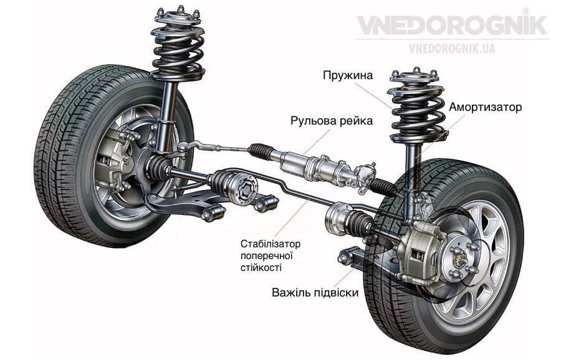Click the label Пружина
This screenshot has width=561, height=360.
pyautogui.click(x=348, y=76)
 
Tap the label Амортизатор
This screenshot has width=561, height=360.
pyautogui.click(x=485, y=107)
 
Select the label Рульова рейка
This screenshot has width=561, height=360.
pyautogui.click(x=331, y=120)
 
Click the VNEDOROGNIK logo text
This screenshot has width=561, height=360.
pyautogui.click(x=451, y=26)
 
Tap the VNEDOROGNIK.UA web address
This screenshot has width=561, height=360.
pyautogui.click(x=452, y=48)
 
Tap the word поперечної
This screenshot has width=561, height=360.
pyautogui.click(x=266, y=255)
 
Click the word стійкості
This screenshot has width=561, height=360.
pyautogui.click(x=261, y=268)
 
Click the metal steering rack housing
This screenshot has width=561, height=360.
pyautogui.click(x=312, y=166)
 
